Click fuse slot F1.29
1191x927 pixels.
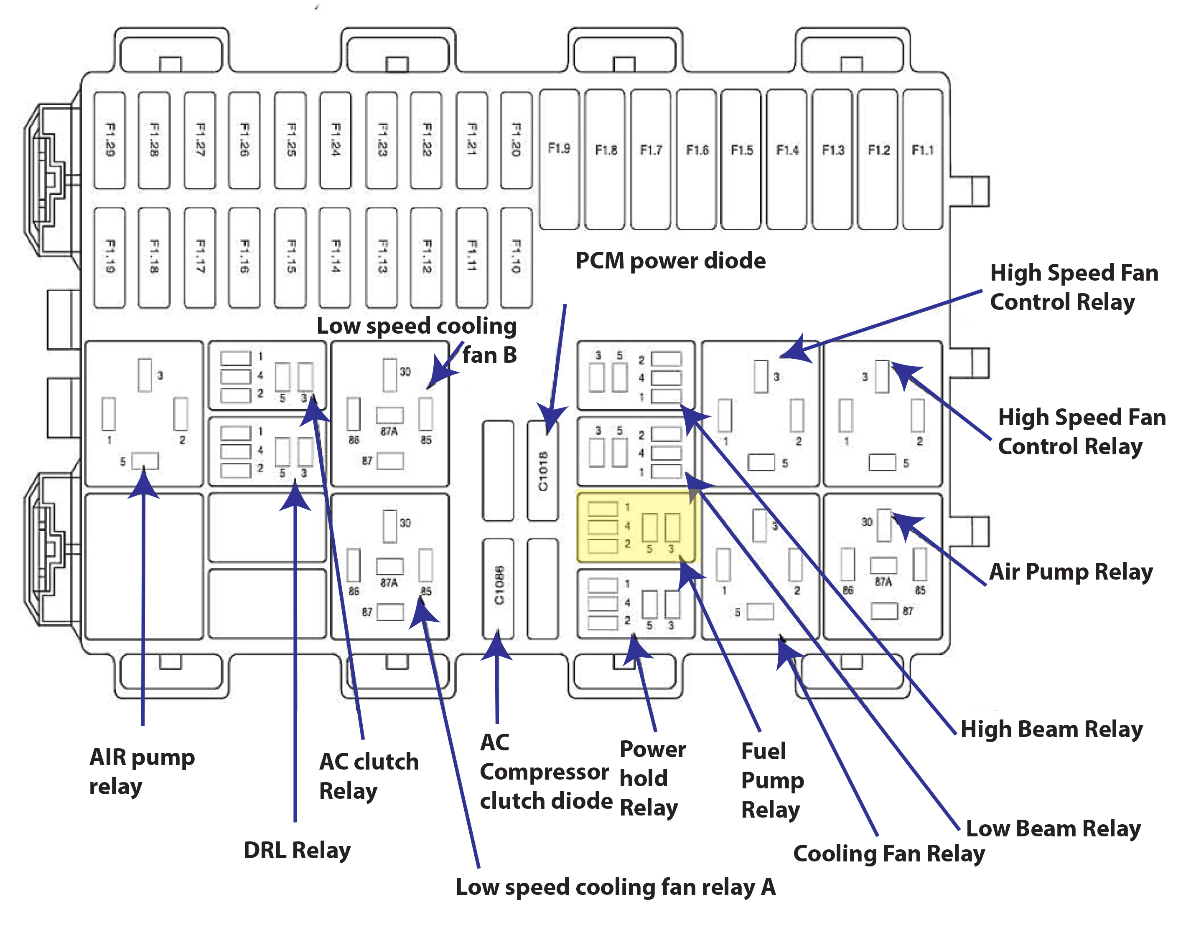coord(109,140)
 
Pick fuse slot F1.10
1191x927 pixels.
coord(516,257)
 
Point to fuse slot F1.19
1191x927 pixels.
coord(109,257)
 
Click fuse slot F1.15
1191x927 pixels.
coord(290,257)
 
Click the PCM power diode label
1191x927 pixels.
coord(670,261)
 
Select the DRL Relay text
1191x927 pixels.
coord(297,850)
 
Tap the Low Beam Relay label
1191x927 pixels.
coord(1053,828)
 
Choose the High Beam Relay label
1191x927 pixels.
coord(1051,729)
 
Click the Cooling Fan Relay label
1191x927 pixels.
coord(889,853)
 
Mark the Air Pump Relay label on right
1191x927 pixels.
coord(1071,572)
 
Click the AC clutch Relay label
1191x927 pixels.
coord(369,776)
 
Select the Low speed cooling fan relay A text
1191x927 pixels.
coord(615,886)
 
